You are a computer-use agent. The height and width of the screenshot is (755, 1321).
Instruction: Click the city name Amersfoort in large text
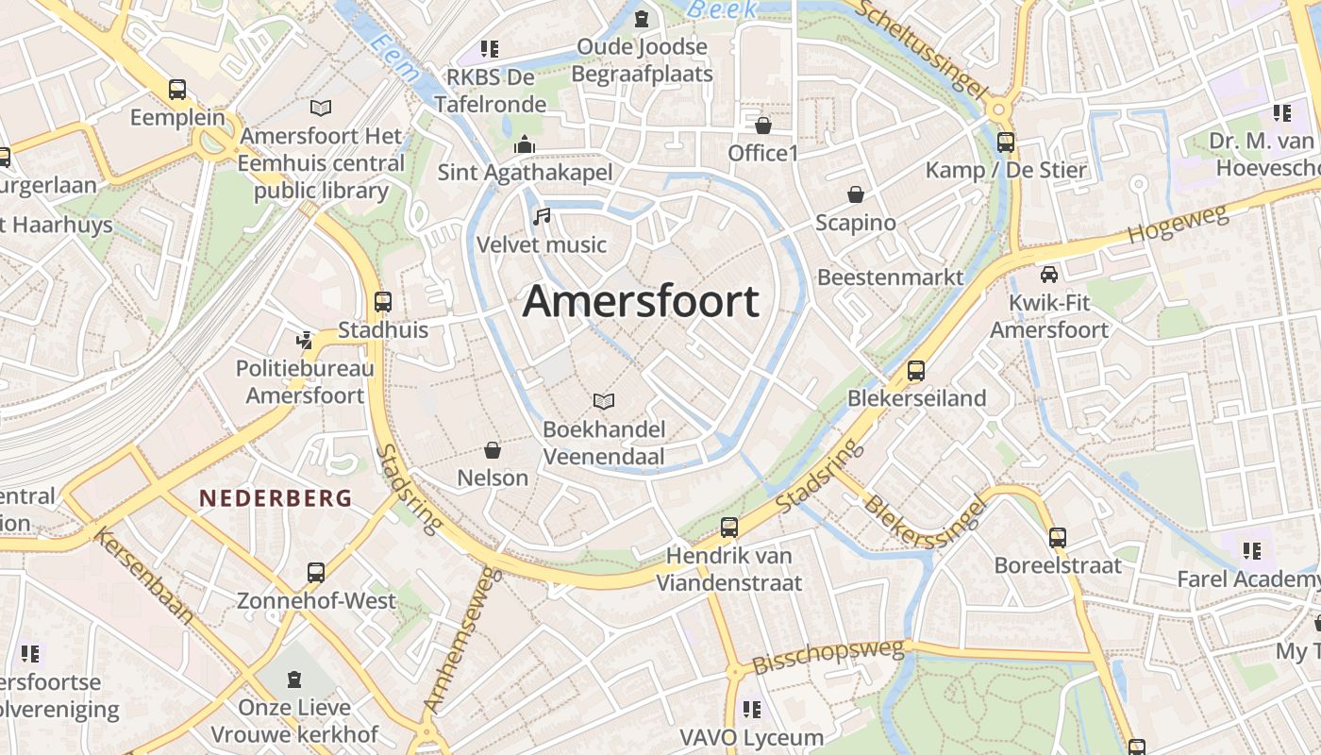[x=641, y=302]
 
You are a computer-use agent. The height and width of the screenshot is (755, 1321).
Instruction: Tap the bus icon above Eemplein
[x=177, y=90]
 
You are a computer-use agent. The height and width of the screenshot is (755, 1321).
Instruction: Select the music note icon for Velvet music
[x=542, y=217]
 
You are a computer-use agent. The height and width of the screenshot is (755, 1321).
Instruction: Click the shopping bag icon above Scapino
[x=856, y=194]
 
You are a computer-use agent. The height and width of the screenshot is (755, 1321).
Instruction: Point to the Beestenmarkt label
[x=890, y=277]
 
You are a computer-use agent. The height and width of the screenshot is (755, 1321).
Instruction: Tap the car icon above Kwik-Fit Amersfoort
[x=1048, y=275]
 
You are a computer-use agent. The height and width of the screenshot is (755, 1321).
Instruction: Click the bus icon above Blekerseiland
[x=915, y=370]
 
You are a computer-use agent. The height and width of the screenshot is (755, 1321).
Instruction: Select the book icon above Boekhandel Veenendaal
[x=604, y=401]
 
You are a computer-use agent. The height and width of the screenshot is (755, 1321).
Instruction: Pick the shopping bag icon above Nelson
[x=492, y=449]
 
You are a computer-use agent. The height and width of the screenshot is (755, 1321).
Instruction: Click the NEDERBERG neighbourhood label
[x=275, y=498]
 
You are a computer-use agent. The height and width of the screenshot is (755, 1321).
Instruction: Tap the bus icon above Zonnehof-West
[x=316, y=572]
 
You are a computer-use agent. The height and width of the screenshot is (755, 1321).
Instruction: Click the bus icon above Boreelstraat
[x=1058, y=538]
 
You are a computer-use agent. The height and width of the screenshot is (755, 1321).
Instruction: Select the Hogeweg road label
[x=1179, y=225]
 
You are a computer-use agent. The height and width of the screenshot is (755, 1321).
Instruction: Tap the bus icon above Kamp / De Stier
[x=1006, y=143]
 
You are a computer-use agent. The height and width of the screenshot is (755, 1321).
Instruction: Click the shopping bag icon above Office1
[x=763, y=125]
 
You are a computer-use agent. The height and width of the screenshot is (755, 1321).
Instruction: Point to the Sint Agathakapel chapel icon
[x=525, y=144]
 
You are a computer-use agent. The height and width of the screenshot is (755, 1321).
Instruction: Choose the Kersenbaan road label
[x=144, y=578]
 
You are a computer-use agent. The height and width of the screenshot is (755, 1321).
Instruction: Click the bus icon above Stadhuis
[x=383, y=302]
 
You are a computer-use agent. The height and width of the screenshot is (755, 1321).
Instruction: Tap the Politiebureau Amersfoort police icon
[x=304, y=341]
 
